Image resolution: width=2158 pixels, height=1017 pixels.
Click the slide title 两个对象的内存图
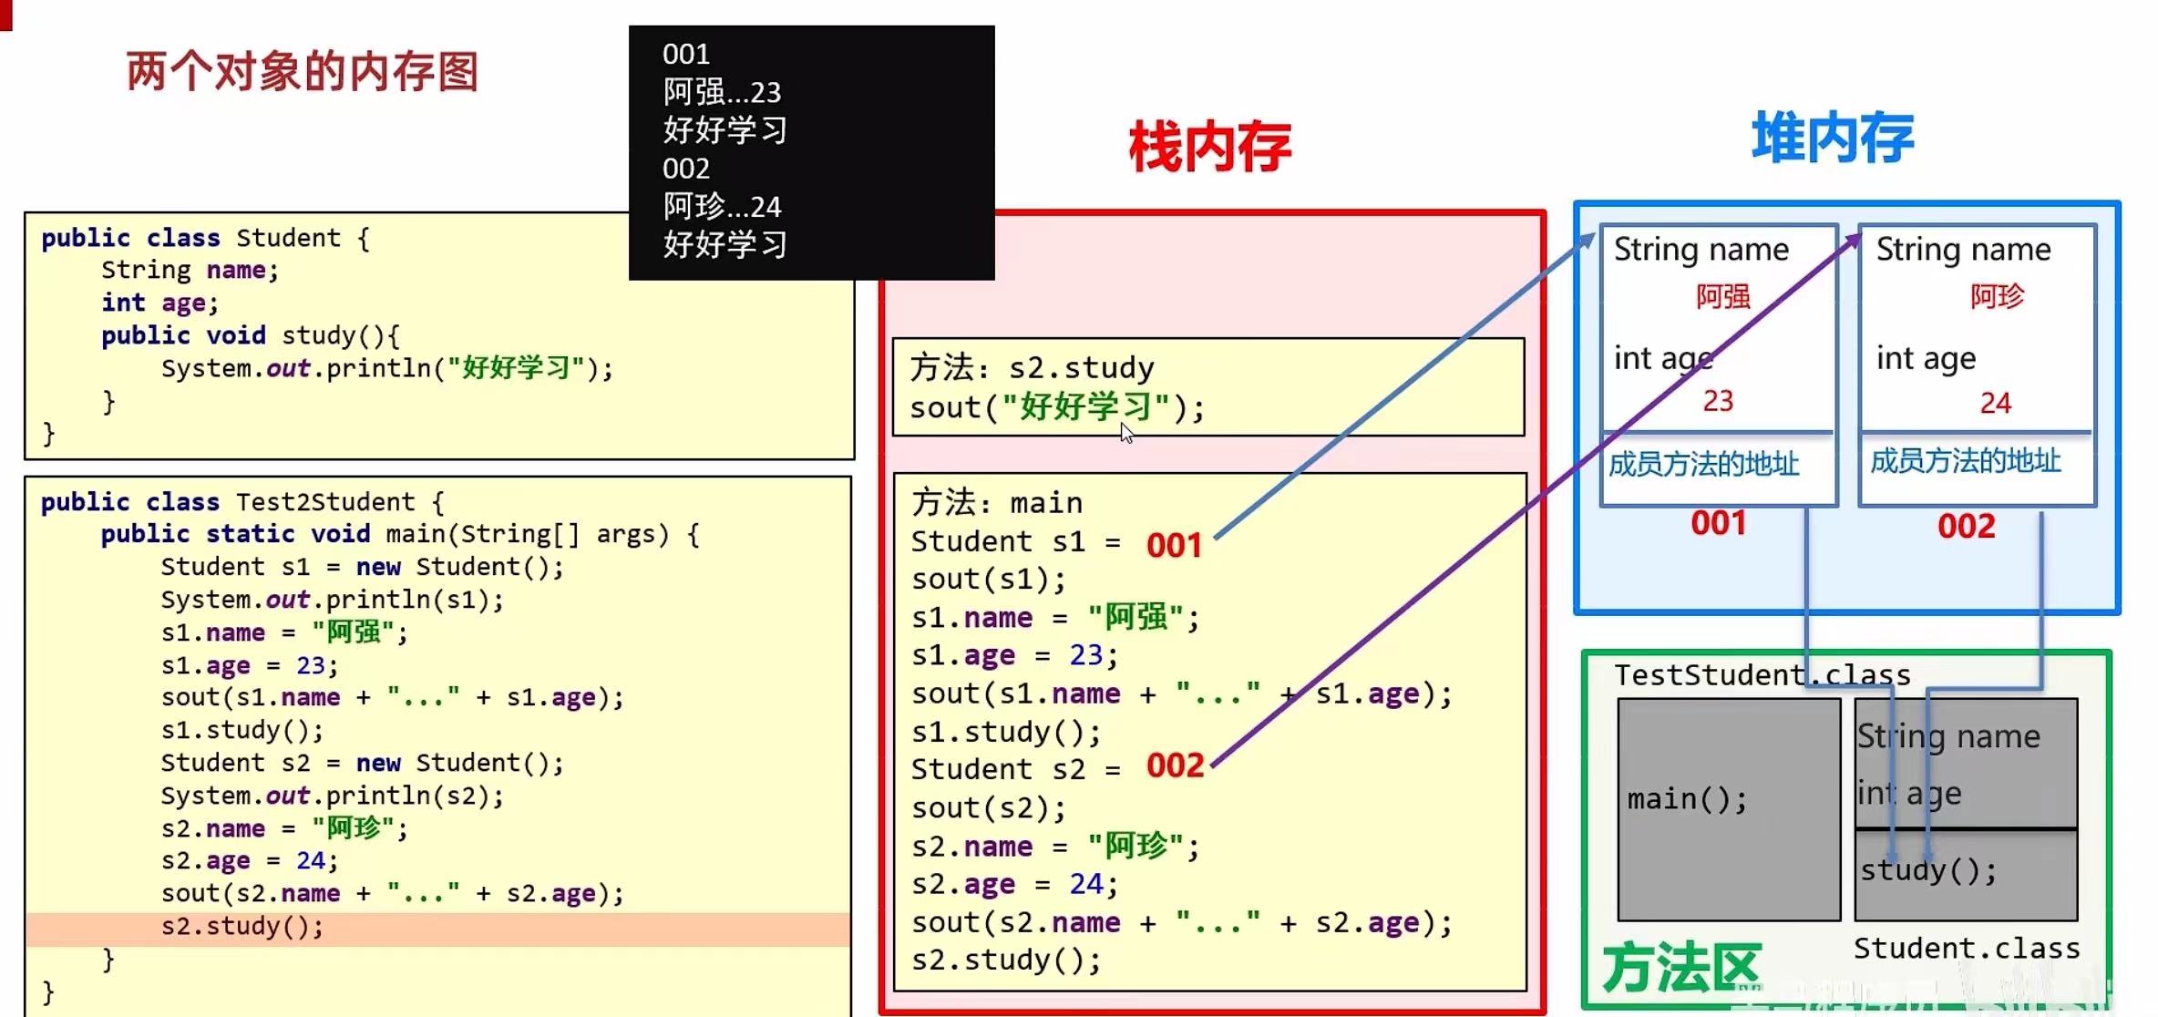pos(302,72)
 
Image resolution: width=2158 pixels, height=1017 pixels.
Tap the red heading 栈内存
pos(1209,147)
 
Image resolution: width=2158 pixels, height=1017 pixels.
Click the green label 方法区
pos(1680,968)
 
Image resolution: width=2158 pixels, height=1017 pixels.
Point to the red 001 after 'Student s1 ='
pos(1174,545)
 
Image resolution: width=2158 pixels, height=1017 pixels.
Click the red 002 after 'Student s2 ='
pos(1175,765)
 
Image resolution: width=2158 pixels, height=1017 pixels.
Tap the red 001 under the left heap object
pos(1718,523)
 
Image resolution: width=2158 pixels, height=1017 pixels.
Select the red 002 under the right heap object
pos(1966,526)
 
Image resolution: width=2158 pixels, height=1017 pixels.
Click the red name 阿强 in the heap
pos(1722,296)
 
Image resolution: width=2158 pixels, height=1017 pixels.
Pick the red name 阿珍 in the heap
pos(1997,296)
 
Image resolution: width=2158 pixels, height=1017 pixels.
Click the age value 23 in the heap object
pos(1718,401)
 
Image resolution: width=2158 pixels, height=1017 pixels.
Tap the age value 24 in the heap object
pos(1995,403)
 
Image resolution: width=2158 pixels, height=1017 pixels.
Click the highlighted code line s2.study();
pos(242,927)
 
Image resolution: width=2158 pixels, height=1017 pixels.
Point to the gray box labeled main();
pos(1728,809)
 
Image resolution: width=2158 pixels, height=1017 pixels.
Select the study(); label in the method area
pos(1927,870)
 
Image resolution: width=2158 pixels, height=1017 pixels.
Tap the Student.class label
pos(1967,949)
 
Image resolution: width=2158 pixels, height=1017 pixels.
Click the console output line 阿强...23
pos(722,92)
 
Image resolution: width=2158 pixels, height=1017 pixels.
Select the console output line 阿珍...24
pos(722,207)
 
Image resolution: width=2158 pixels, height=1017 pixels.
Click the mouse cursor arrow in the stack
pos(1126,433)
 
